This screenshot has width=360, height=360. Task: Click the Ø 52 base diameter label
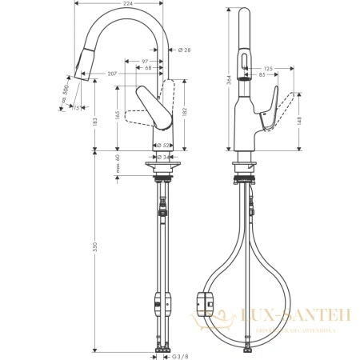coord(160,146)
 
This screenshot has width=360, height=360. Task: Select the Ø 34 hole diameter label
coord(161,156)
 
